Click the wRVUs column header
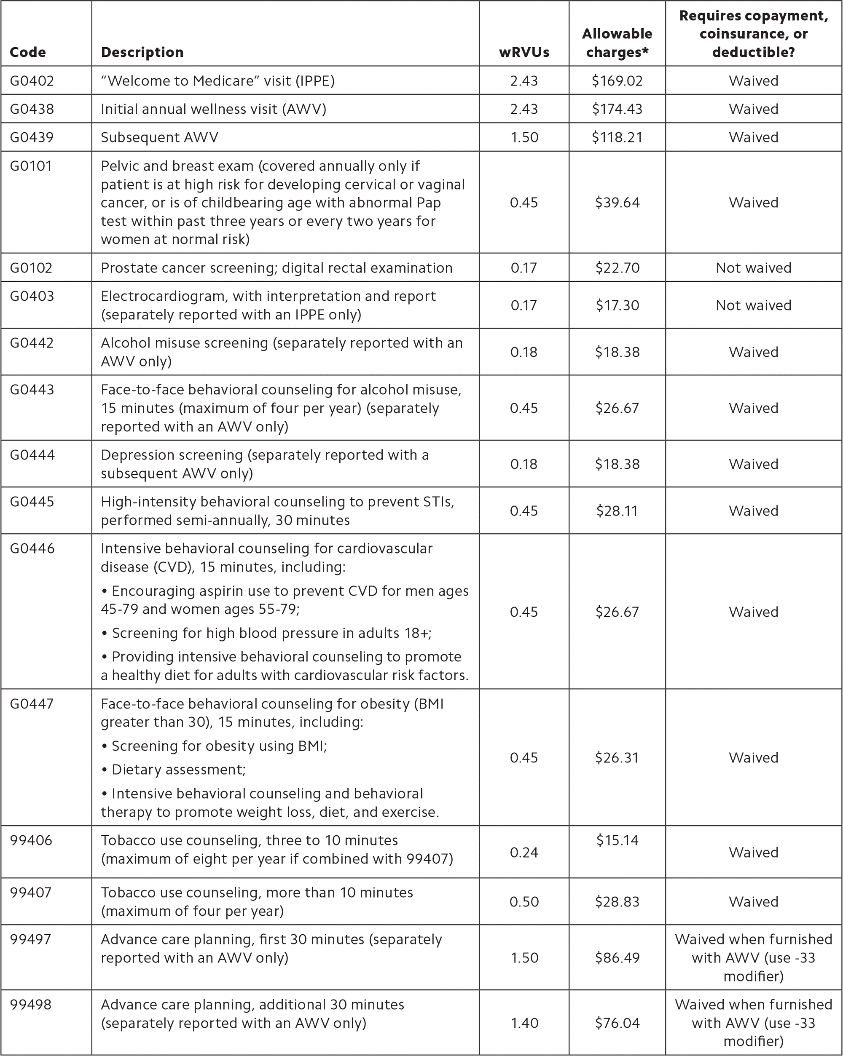click(524, 52)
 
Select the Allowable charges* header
click(617, 43)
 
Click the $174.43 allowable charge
click(617, 109)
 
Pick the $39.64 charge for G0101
click(617, 202)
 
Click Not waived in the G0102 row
click(753, 267)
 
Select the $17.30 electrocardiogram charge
click(617, 305)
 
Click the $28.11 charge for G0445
click(617, 511)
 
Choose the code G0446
click(32, 548)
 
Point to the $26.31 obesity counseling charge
click(617, 757)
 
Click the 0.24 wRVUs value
click(524, 852)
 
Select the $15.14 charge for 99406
click(617, 840)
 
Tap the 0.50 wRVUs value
click(524, 902)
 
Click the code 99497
click(31, 939)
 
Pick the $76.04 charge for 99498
click(617, 1023)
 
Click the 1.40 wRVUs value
click(524, 1023)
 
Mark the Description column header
click(142, 52)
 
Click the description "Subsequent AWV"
click(159, 137)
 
